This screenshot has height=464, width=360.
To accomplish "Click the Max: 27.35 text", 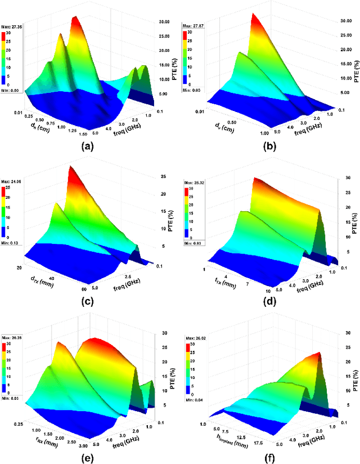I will tap(12, 26).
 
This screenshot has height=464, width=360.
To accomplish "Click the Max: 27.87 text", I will tap(192, 25).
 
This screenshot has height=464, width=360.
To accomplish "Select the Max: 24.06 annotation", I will tap(12, 182).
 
